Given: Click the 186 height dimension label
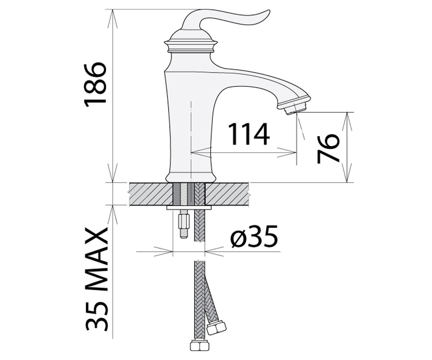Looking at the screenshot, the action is [x=95, y=84].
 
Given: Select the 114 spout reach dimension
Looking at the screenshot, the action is [x=249, y=134].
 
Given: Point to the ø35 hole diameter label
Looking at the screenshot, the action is [x=254, y=236].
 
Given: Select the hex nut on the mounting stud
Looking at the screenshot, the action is [x=184, y=221].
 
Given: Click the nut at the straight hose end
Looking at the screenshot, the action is [x=199, y=346].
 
